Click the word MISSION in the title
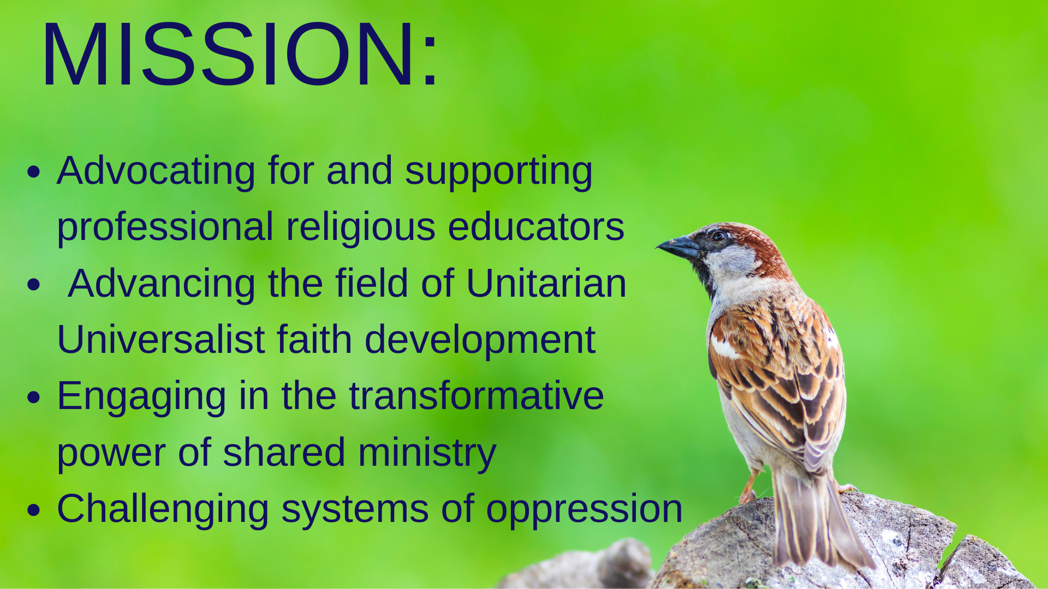(229, 54)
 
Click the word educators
(535, 227)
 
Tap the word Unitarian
(546, 284)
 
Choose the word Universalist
(161, 340)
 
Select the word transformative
(476, 396)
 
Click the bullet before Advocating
(34, 172)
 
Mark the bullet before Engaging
(34, 398)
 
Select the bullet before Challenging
(34, 510)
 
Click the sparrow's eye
(718, 236)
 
